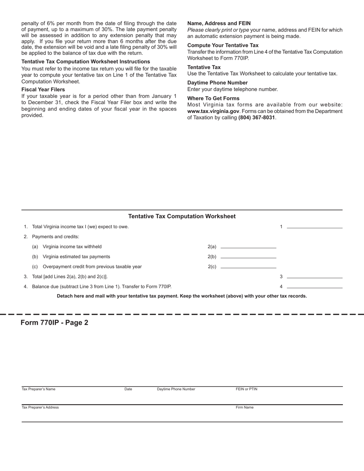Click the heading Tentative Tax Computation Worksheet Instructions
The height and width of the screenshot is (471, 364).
click(x=85, y=62)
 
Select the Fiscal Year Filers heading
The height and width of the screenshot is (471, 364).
click(x=43, y=90)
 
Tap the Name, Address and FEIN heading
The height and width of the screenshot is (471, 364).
click(x=219, y=23)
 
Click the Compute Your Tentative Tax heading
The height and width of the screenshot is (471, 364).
click(x=223, y=45)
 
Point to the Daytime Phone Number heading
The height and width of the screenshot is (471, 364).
click(x=217, y=83)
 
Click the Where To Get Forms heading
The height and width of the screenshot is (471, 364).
click(x=213, y=98)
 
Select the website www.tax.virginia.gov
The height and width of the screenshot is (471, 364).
click(x=213, y=111)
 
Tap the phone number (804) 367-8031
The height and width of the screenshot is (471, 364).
click(x=256, y=118)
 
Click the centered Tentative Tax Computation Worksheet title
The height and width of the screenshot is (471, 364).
click(x=182, y=216)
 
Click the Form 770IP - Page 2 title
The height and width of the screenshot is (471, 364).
click(x=54, y=322)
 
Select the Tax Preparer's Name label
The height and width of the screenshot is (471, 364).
click(x=38, y=389)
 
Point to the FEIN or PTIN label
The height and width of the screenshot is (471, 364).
click(x=246, y=389)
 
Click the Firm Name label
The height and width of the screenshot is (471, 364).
click(x=244, y=407)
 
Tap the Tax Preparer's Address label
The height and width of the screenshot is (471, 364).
click(x=40, y=407)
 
